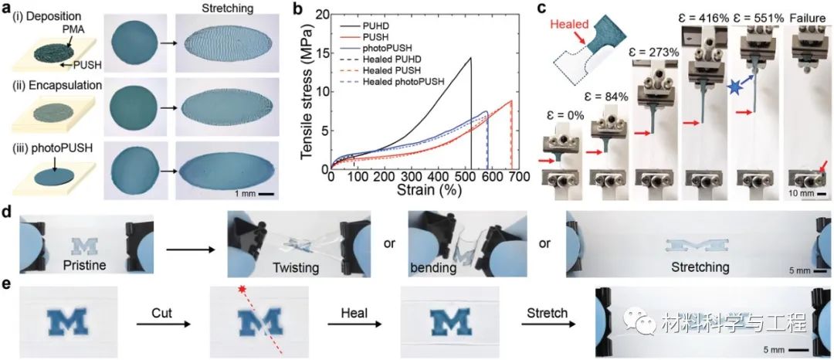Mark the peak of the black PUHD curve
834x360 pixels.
tap(470, 58)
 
